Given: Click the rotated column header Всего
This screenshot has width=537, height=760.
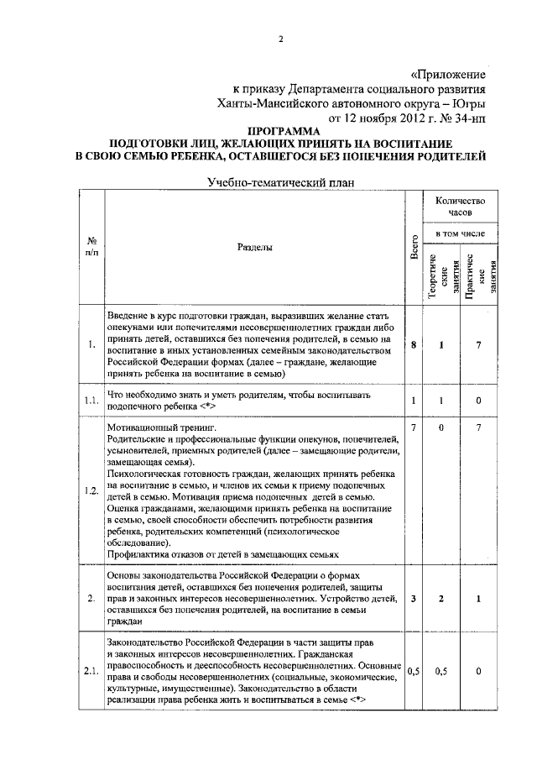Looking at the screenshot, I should click(x=414, y=248).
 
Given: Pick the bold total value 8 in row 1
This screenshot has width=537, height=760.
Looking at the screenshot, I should click(x=414, y=345).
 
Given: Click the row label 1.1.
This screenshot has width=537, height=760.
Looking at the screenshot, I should click(x=91, y=400).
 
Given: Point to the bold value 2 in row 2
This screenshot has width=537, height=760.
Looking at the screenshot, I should click(x=441, y=599).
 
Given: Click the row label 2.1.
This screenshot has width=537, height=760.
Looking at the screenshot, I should click(x=91, y=671).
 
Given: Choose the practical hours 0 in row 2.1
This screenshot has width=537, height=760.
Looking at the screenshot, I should click(x=478, y=671).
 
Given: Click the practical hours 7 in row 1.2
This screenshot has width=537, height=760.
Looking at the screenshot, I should click(x=478, y=428).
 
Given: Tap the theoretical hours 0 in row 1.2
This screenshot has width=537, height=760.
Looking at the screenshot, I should click(x=441, y=428).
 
